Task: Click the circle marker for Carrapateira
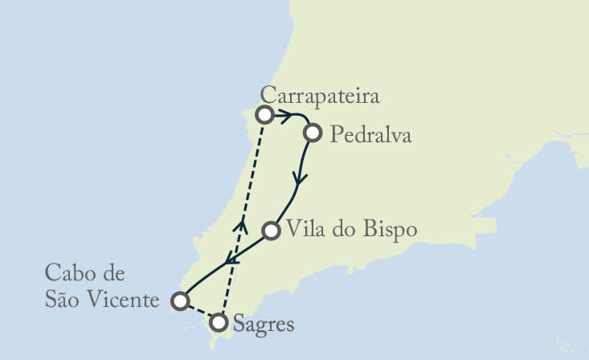click(x=264, y=114)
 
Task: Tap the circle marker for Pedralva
click(x=313, y=133)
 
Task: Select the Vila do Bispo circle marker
click(x=272, y=231)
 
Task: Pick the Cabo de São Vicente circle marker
click(x=181, y=301)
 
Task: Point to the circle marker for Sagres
click(x=218, y=323)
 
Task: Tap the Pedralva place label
click(x=370, y=135)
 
